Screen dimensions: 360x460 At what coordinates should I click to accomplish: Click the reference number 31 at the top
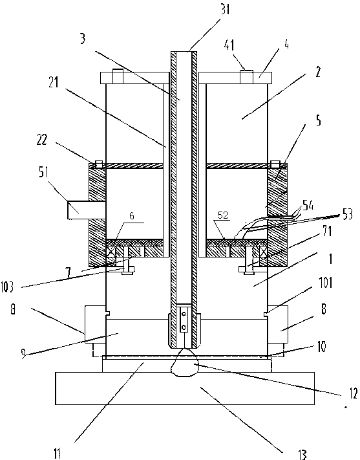coord(226,9)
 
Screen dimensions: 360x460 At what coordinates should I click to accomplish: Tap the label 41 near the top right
coord(229,45)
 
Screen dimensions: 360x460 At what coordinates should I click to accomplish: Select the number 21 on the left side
coord(54,83)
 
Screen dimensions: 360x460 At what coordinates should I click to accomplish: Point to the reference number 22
coord(41,140)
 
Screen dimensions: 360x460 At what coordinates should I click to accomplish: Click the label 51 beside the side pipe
coord(43,172)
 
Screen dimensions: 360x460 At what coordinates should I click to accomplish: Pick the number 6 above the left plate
coord(132,216)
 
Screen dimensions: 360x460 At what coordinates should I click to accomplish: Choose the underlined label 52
coord(223,215)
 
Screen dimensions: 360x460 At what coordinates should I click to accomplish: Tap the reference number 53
coord(347,214)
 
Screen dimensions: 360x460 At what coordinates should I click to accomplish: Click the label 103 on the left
coord(7,287)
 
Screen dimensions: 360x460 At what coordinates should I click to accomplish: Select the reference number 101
coord(326,283)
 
